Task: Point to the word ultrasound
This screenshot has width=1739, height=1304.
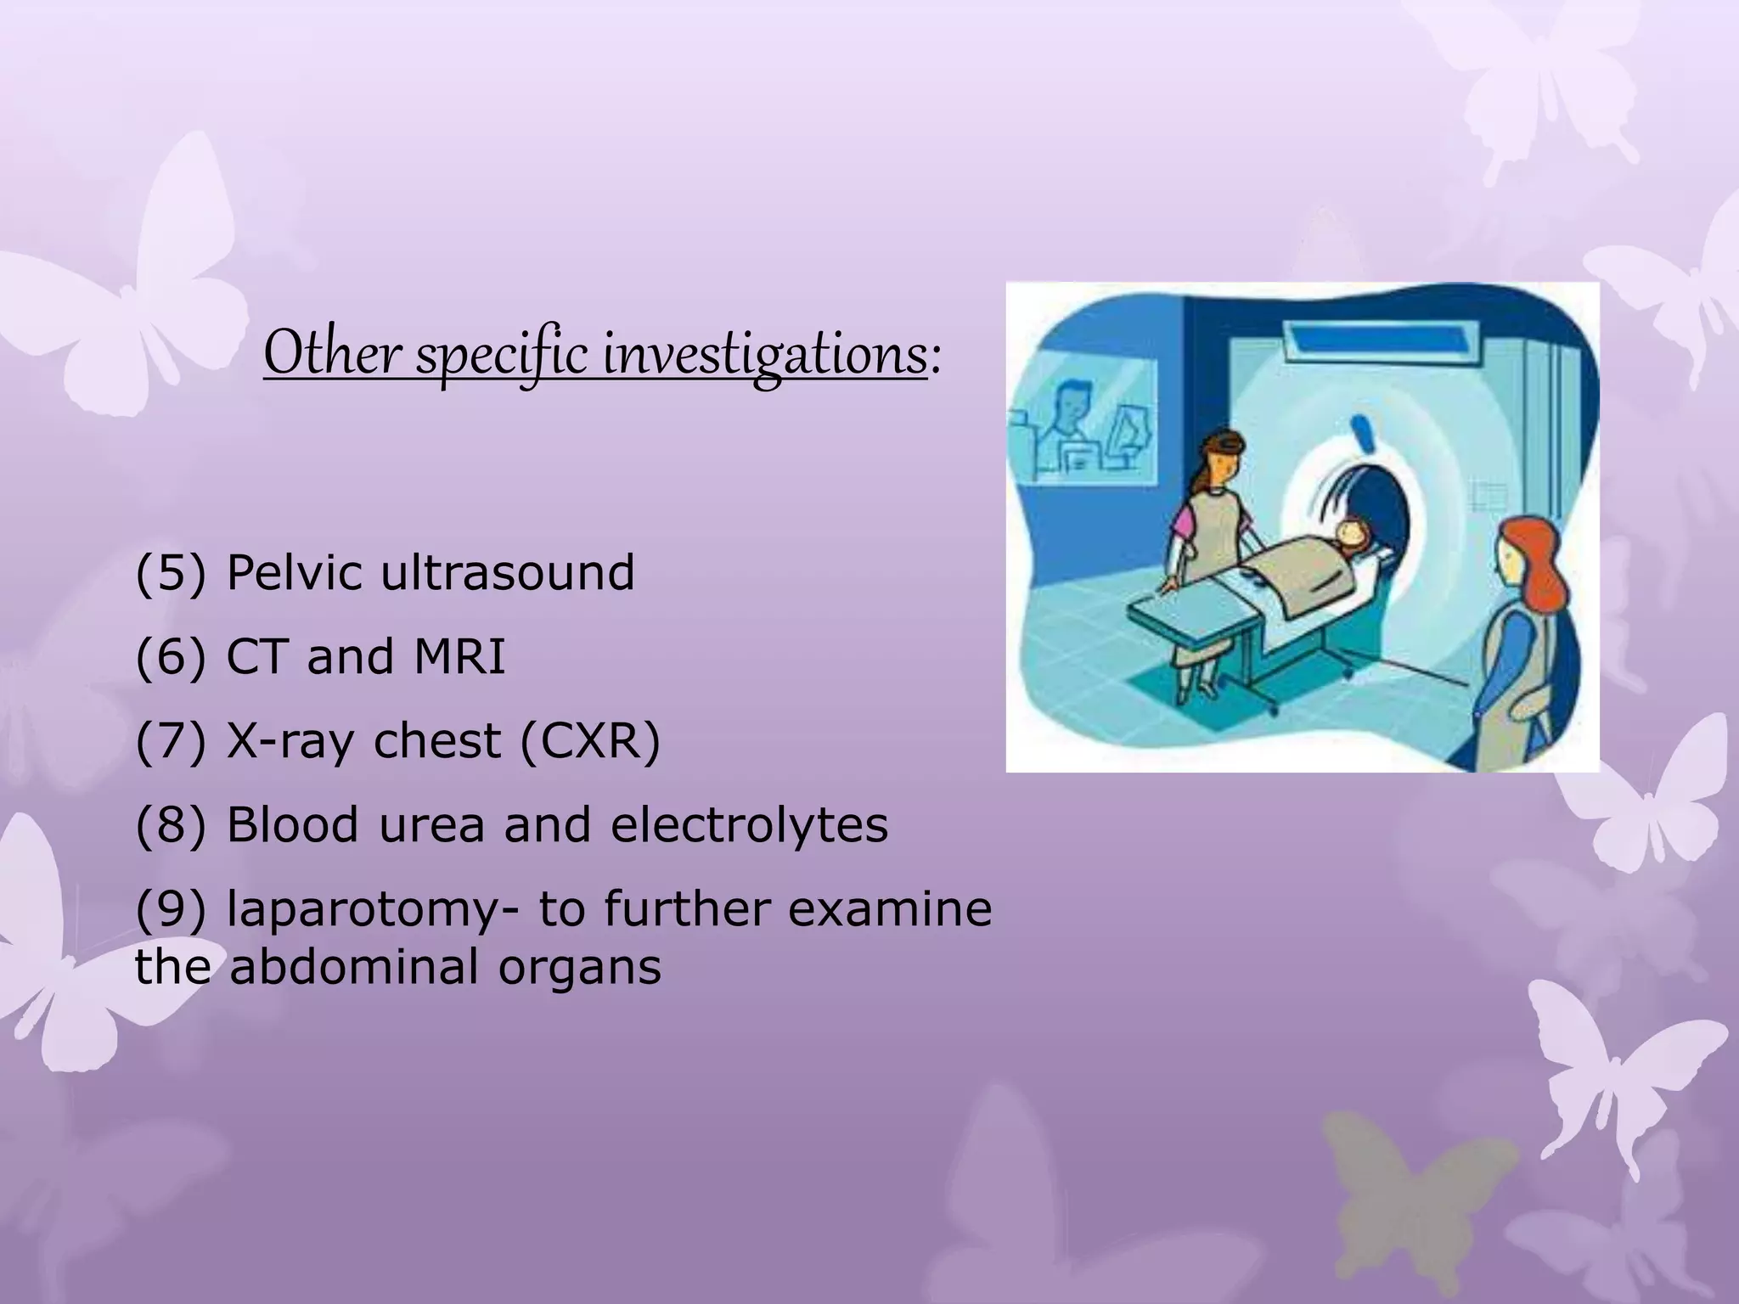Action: pos(507,573)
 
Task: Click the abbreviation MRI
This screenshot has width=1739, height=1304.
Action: pos(459,657)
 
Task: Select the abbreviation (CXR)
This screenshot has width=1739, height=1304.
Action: pos(589,741)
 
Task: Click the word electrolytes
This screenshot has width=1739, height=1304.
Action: pos(749,825)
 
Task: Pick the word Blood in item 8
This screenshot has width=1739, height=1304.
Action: pos(292,825)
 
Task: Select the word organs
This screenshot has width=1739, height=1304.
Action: pos(579,967)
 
